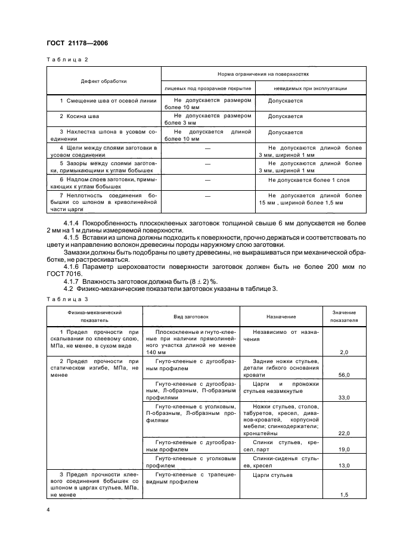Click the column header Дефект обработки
pyautogui.click(x=104, y=80)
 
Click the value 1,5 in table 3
pyautogui.click(x=343, y=494)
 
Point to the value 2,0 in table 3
pyautogui.click(x=343, y=353)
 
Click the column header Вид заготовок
pyautogui.click(x=192, y=317)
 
